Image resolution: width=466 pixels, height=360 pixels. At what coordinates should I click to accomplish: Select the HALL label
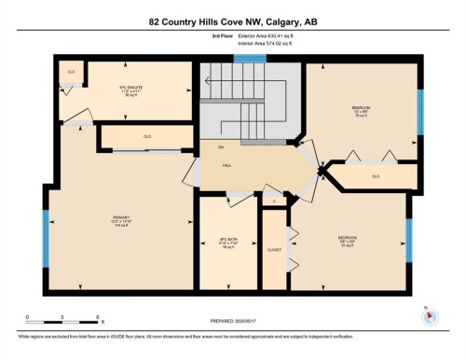226,164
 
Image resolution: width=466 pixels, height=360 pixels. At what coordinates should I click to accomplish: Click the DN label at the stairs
220,147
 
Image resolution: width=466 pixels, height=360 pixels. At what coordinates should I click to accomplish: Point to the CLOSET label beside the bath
273,250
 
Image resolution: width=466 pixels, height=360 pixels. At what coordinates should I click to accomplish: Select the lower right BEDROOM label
347,239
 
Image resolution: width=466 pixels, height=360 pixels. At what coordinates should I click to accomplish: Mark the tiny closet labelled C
274,201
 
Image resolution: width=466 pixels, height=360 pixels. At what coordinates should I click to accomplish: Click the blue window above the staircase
249,59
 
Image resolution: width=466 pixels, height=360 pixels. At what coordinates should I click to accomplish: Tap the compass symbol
430,315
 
